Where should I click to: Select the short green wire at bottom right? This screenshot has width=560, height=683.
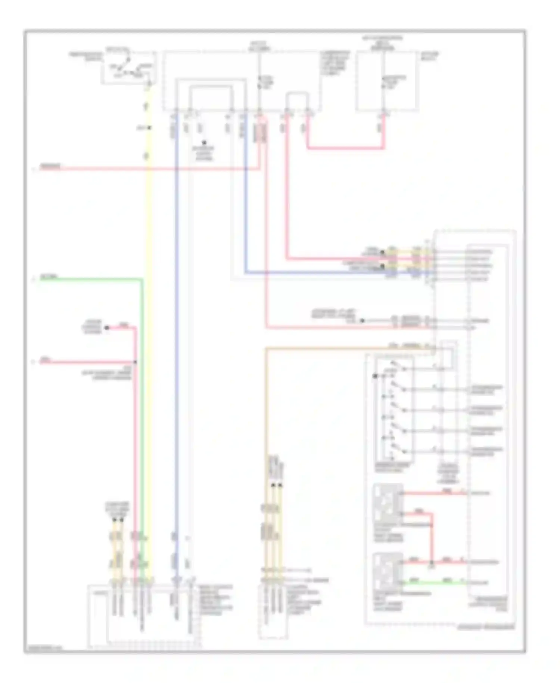coord(433,582)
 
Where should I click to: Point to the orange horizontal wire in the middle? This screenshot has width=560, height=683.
coord(336,349)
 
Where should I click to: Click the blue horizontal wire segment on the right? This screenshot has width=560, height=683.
coord(317,273)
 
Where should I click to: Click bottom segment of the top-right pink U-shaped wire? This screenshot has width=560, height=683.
coord(345,148)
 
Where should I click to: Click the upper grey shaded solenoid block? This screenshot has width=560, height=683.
coord(388,503)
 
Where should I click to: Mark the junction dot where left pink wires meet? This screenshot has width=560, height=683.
coord(136,362)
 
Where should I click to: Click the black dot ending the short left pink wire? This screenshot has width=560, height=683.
coord(106,328)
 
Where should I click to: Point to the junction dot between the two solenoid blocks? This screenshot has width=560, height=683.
coord(432,562)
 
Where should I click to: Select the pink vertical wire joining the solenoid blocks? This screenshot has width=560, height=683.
coord(432,538)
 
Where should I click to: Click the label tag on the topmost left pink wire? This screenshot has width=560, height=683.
coord(50,166)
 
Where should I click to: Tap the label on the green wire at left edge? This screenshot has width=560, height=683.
coord(49,277)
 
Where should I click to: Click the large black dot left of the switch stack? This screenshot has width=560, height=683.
coord(375,376)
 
